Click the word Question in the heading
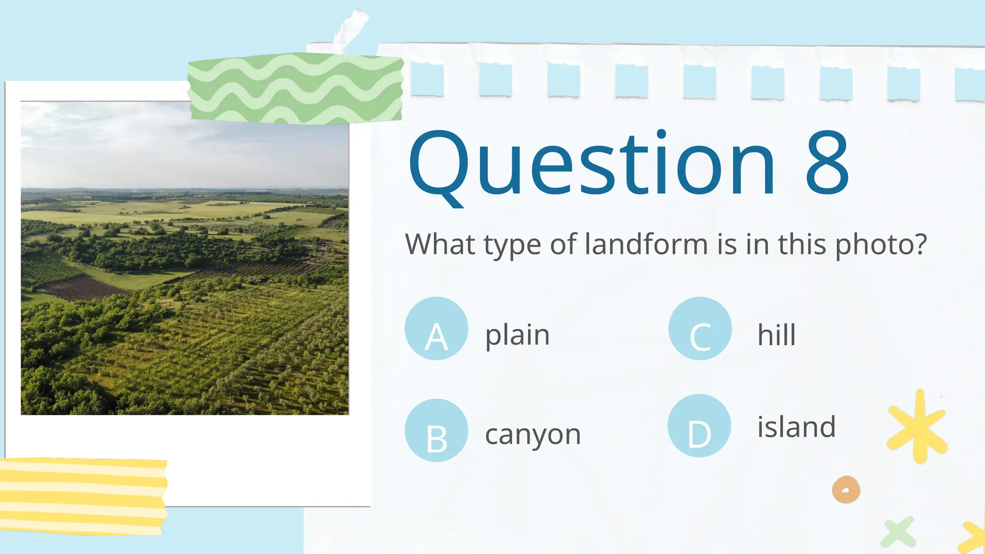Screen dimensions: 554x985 pyautogui.click(x=592, y=164)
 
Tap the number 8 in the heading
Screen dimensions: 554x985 pyautogui.click(x=827, y=164)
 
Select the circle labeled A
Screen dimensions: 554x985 pyautogui.click(x=436, y=328)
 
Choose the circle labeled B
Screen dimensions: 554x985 pyautogui.click(x=436, y=430)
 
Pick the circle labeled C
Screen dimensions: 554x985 pyautogui.click(x=700, y=328)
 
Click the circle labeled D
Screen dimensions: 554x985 pyautogui.click(x=699, y=426)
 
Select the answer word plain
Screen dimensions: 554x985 pyautogui.click(x=517, y=335)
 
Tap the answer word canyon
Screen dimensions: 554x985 pyautogui.click(x=533, y=434)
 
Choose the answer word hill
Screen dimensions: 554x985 pyautogui.click(x=776, y=335)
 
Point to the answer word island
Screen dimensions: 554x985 pyautogui.click(x=796, y=427)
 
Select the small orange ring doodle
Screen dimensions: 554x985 pyautogui.click(x=846, y=490)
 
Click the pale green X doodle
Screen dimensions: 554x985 pyautogui.click(x=898, y=532)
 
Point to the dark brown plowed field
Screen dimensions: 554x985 pyautogui.click(x=82, y=288)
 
